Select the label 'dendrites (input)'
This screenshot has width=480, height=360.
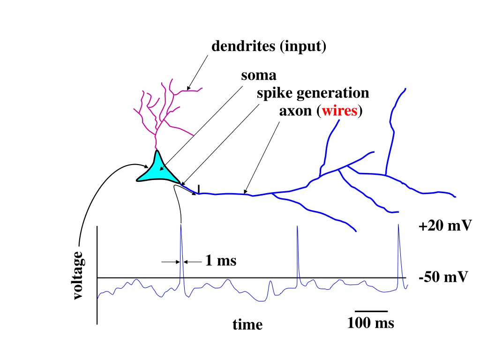pos(269,46)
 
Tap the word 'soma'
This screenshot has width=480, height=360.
pos(259,75)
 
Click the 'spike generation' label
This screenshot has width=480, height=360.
pos(313,93)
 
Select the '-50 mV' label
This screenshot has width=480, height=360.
pos(443,277)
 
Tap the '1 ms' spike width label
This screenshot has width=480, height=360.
pos(221,261)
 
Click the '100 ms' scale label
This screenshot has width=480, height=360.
pos(370,323)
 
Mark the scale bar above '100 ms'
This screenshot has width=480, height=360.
pos(371,311)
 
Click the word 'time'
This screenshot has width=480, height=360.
pos(247,324)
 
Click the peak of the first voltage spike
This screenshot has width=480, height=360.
pos(181,225)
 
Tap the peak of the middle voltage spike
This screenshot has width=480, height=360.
pos(297,227)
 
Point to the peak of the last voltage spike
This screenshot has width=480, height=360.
pos(398,225)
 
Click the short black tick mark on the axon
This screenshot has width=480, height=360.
pos(199,188)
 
